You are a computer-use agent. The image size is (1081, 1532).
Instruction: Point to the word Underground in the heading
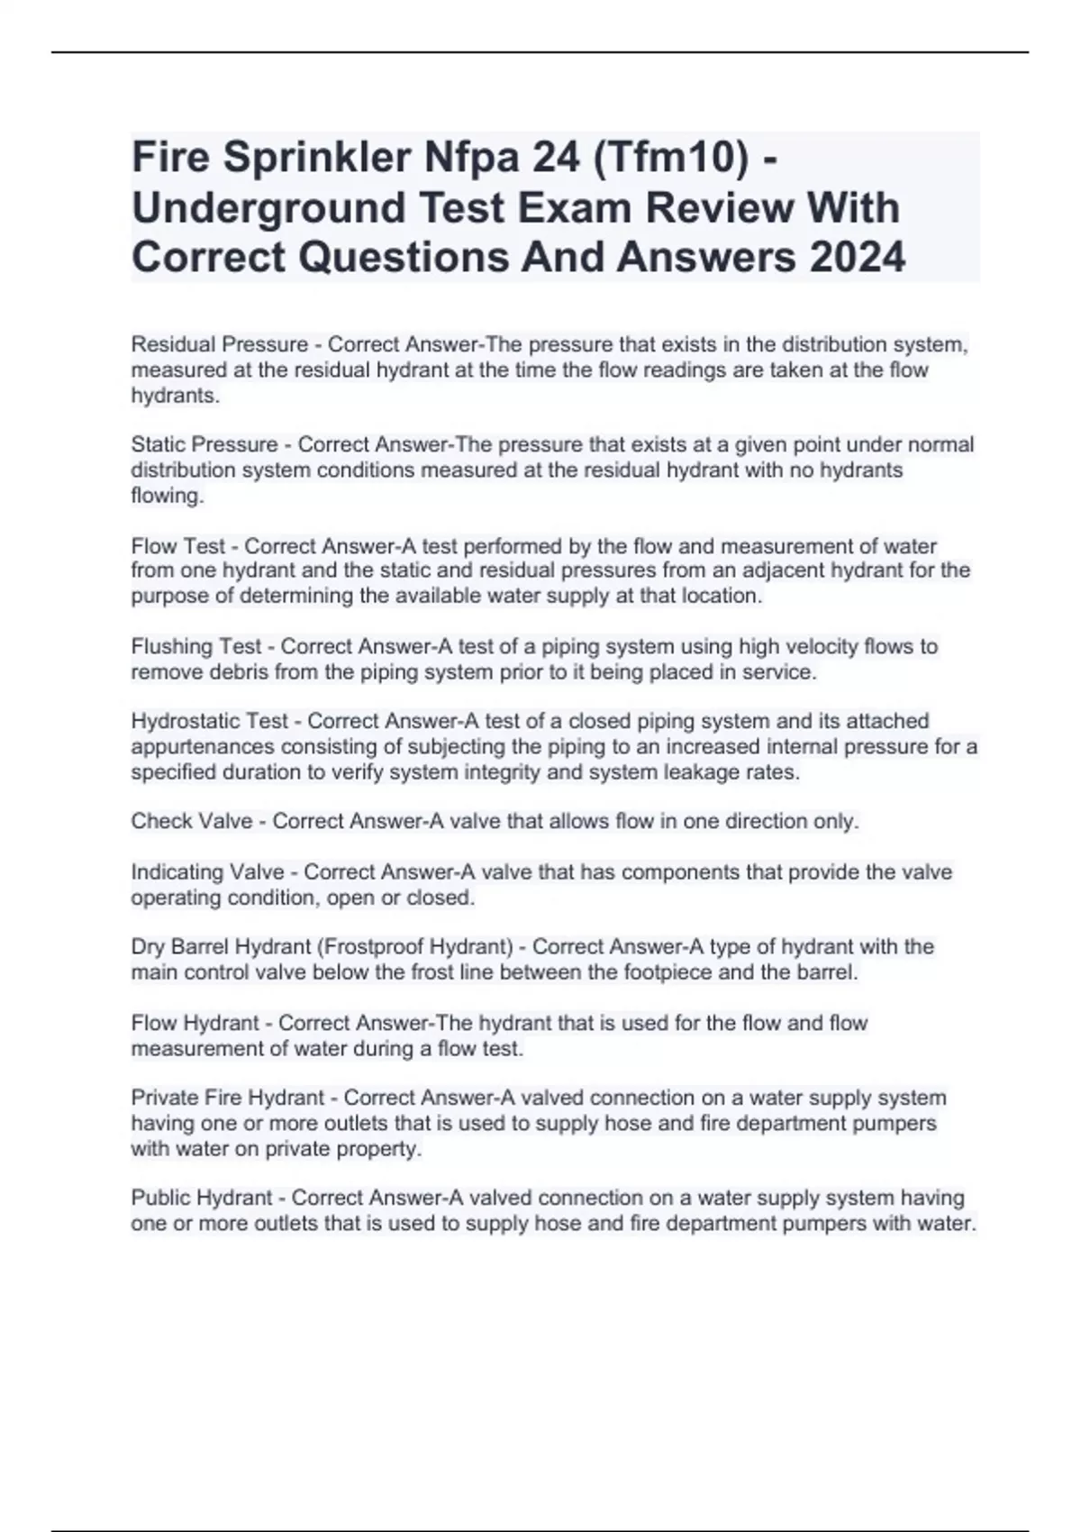[268, 207]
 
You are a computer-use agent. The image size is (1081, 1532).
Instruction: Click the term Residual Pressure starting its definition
[219, 344]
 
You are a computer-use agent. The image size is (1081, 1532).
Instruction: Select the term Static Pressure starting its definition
[204, 444]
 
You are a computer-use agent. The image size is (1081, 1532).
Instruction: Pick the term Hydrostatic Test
[210, 721]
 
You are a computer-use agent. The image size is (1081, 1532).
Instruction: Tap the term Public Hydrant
[202, 1198]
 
